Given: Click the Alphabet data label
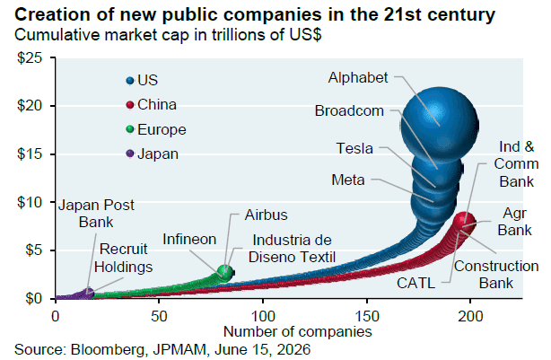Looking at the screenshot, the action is click(x=358, y=78).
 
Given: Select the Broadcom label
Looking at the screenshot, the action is click(x=349, y=111).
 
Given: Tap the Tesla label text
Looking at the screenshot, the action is click(x=354, y=148).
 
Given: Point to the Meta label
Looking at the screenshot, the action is click(x=348, y=180).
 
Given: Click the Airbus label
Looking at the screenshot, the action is click(x=266, y=215).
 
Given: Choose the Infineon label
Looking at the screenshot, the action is click(x=189, y=239).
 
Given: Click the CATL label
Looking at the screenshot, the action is click(x=415, y=283).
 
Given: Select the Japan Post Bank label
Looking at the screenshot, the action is click(x=96, y=214).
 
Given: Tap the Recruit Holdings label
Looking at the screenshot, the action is click(x=123, y=258).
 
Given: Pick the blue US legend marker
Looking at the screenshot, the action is click(x=130, y=81).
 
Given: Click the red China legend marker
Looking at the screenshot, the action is click(x=130, y=105).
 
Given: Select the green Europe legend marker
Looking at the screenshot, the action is click(x=130, y=129).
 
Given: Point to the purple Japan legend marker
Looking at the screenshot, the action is click(x=130, y=154).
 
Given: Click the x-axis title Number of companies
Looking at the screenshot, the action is click(x=298, y=331).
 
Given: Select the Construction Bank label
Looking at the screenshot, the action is click(x=496, y=275).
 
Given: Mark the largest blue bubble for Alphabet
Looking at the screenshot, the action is click(x=440, y=125).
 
